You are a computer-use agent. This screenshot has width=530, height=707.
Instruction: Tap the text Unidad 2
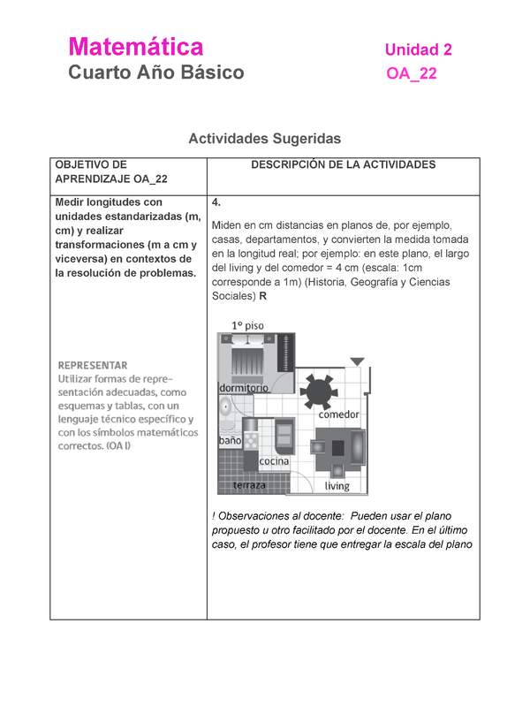point(418,50)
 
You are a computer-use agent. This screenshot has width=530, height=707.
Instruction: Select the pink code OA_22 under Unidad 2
point(412,75)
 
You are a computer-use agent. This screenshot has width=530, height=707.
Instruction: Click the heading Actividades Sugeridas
point(264,139)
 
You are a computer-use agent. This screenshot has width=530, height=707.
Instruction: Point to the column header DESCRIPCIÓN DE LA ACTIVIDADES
point(343,165)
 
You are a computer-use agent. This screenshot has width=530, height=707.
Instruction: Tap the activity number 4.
point(217,202)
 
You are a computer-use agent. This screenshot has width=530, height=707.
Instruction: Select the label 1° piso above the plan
point(247,325)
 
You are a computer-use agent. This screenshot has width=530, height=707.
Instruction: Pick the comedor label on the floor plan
point(339,414)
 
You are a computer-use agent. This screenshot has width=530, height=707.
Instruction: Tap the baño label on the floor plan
point(231,440)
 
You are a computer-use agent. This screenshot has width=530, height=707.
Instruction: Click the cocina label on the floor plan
point(275,461)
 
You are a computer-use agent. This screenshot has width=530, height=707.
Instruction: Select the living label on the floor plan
point(337,486)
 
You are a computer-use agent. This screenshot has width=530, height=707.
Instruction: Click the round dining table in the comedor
point(315,389)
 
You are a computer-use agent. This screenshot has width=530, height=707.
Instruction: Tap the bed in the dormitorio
point(244,360)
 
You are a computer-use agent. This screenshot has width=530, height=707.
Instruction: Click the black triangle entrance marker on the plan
point(356,361)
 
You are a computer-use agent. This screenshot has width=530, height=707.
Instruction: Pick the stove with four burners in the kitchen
point(252,439)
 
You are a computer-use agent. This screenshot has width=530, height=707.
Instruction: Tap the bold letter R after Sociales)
point(262,296)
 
